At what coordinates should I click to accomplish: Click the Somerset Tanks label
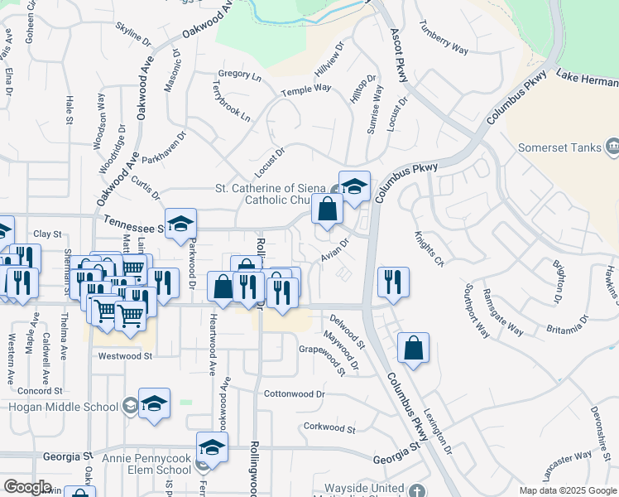559,147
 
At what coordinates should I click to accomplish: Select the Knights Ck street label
429,249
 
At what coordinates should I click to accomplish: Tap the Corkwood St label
329,429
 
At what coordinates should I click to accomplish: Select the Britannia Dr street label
568,324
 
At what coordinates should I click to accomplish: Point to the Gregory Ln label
241,74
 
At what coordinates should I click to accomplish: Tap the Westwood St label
126,356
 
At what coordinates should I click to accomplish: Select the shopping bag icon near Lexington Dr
413,349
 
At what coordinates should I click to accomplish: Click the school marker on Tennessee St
180,224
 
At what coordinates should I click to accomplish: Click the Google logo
26,488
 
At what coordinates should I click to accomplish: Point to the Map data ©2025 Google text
568,490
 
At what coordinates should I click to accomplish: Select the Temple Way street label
305,89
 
